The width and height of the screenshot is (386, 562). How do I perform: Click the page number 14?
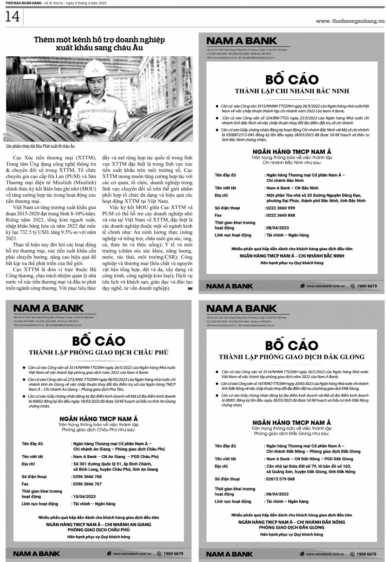[x=12, y=17]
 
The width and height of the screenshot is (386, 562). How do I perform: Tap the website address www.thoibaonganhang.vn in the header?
[x=350, y=21]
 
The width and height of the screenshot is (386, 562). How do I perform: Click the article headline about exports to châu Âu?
[x=99, y=44]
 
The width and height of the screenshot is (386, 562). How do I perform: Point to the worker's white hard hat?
[x=93, y=68]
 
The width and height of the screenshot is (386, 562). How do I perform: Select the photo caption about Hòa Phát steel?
[x=41, y=146]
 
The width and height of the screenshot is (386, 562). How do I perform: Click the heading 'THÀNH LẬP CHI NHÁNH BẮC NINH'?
[x=292, y=91]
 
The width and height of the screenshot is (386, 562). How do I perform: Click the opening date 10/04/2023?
[x=85, y=496]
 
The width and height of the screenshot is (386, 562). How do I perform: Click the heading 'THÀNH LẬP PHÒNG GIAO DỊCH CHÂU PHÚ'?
[x=99, y=352]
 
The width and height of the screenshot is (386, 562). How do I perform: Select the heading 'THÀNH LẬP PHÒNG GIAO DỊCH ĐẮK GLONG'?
[x=292, y=357]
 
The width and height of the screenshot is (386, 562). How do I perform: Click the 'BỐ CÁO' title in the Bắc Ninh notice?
[x=292, y=79]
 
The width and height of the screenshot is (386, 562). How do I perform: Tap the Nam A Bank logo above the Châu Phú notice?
[x=49, y=308]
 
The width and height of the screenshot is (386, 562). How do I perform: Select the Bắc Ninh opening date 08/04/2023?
[x=278, y=228]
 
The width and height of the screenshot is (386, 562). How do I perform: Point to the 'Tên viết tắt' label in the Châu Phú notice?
[x=32, y=457]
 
